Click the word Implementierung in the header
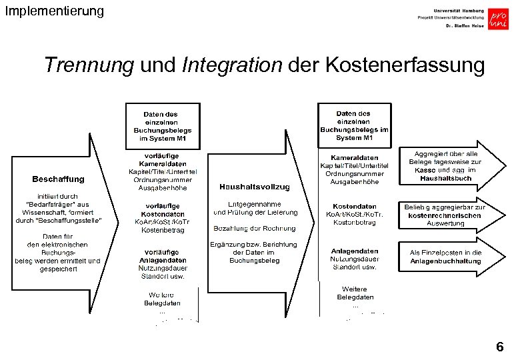click(x=54, y=11)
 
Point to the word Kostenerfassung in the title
click(x=405, y=65)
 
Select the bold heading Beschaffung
click(x=58, y=179)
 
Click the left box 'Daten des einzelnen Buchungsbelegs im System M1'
click(x=162, y=126)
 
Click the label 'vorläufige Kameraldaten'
click(x=163, y=160)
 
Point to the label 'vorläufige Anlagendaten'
click(x=162, y=256)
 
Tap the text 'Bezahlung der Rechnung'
click(x=254, y=229)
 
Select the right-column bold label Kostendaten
click(x=353, y=207)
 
